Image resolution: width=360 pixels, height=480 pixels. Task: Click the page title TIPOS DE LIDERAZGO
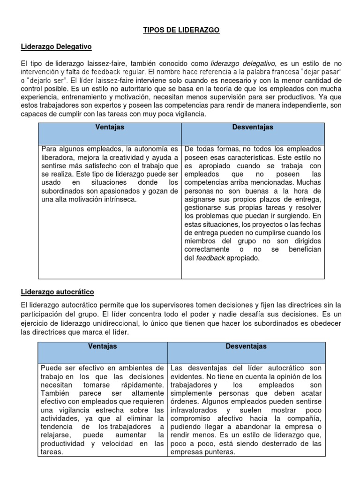[x=181, y=30]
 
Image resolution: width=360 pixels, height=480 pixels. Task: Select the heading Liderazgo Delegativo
[x=56, y=47]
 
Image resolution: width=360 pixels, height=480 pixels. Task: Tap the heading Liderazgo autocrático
[x=57, y=292]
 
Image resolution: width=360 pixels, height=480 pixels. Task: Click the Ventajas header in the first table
[x=110, y=127]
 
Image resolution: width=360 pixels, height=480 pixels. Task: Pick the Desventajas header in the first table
[x=253, y=127]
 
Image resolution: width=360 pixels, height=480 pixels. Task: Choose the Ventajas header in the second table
[x=102, y=346]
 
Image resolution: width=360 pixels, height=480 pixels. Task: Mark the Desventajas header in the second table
[x=246, y=346]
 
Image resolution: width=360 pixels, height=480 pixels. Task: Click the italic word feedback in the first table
[x=210, y=258]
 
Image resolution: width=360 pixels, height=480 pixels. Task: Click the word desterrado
[x=286, y=444]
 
